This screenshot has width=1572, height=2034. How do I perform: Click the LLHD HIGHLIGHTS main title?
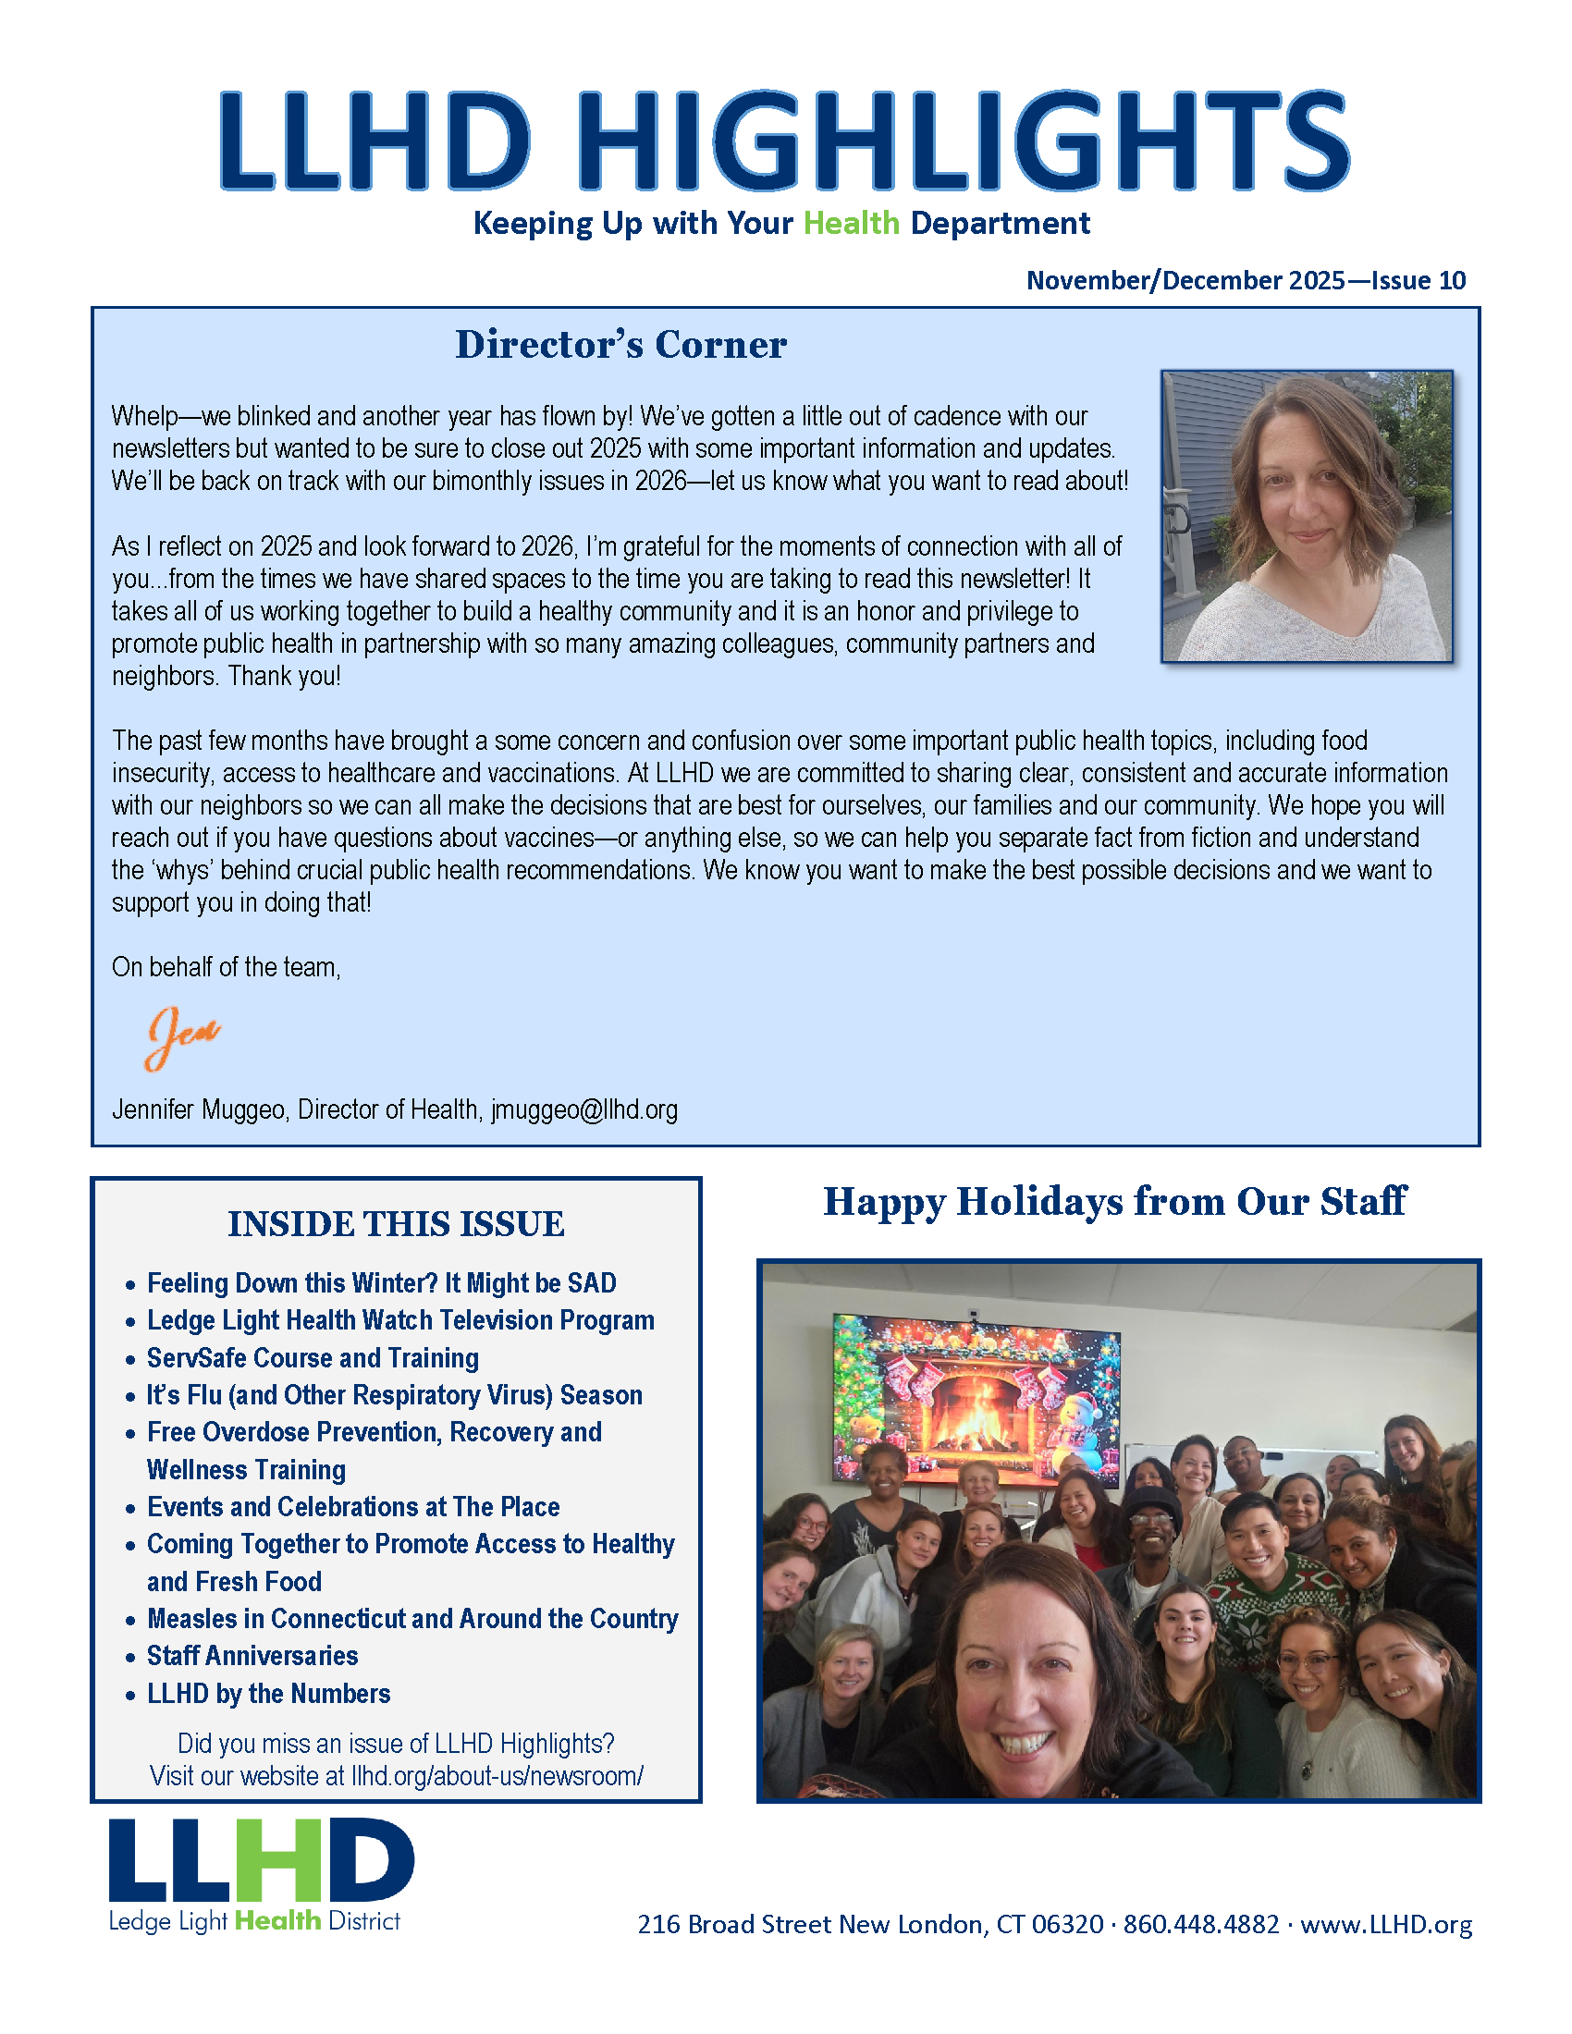tap(784, 141)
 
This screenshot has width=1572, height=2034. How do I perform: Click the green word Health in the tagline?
tap(851, 224)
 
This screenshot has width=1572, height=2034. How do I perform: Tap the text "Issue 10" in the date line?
tap(1418, 280)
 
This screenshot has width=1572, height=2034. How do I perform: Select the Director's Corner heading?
tap(620, 345)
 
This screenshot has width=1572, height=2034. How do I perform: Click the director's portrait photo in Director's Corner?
tap(1306, 517)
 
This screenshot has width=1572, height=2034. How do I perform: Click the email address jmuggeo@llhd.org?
tap(583, 1109)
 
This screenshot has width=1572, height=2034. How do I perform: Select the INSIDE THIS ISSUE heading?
tap(396, 1224)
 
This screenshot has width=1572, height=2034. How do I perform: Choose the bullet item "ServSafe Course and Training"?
tap(313, 1358)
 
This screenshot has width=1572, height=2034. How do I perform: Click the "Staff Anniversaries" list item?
tap(252, 1655)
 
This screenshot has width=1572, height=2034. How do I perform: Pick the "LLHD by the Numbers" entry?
tap(268, 1693)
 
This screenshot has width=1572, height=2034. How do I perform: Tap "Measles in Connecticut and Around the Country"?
tap(412, 1619)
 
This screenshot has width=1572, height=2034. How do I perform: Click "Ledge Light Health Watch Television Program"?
tap(400, 1320)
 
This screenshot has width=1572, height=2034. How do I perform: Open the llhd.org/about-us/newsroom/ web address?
tap(497, 1776)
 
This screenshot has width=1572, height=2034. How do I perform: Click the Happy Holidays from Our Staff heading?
tap(1115, 1201)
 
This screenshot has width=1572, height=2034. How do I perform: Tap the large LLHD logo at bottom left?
tap(261, 1863)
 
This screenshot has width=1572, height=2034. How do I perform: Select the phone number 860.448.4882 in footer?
tap(1200, 1925)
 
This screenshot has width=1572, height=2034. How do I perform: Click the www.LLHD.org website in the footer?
tap(1386, 1925)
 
